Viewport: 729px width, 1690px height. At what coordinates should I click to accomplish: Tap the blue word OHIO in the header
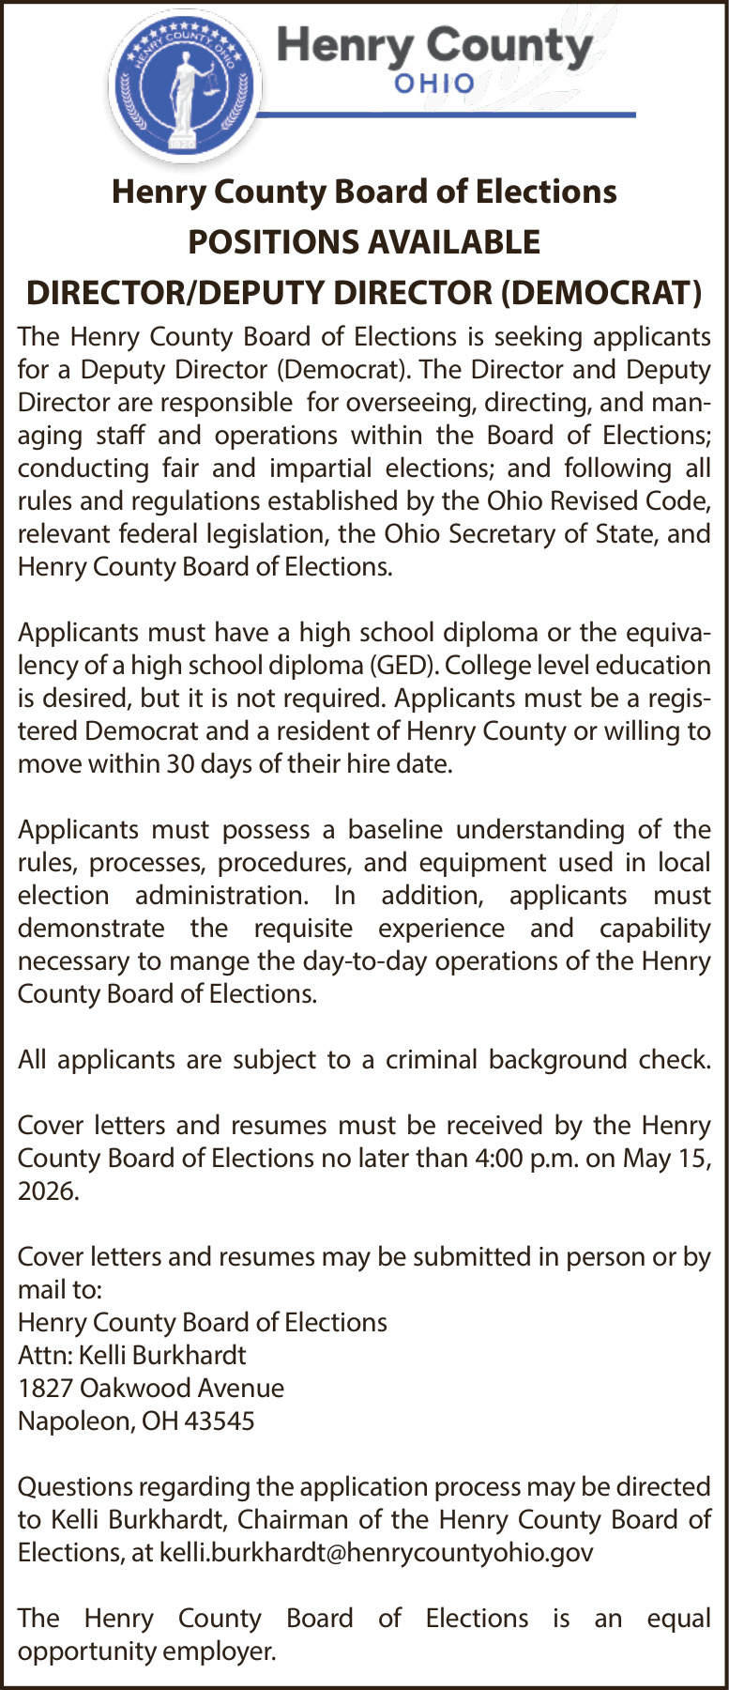pos(434,84)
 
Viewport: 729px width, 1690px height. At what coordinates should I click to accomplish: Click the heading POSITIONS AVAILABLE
pos(364,242)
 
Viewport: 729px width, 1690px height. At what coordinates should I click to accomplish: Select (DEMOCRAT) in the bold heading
pos(601,293)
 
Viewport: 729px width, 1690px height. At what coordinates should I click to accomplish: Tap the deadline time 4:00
pos(500,1159)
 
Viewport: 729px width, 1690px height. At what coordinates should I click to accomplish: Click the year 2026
pos(47,1191)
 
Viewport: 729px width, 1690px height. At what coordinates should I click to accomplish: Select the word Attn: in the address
pos(44,1356)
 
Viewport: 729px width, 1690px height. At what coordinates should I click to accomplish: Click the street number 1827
pos(45,1389)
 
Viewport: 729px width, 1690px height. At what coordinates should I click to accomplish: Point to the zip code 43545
pos(220,1421)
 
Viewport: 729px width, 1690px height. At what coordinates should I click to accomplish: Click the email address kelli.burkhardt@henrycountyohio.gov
pos(376,1553)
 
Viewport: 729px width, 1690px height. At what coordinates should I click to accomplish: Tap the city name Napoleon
pos(74,1421)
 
